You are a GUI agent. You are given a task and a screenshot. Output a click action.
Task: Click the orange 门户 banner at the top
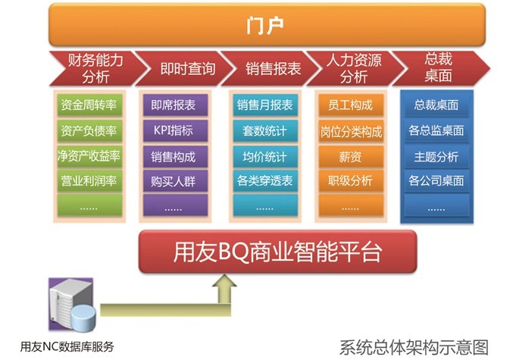click(267, 25)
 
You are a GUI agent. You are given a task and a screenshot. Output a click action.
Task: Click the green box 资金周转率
click(89, 105)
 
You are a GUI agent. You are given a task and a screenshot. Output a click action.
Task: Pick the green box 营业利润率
click(89, 180)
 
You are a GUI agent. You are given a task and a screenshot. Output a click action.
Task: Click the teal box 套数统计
click(265, 130)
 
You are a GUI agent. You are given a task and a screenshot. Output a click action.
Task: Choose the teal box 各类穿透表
click(265, 180)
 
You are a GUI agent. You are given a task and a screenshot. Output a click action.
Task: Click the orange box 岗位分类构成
click(351, 131)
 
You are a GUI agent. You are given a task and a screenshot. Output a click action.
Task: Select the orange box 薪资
click(351, 156)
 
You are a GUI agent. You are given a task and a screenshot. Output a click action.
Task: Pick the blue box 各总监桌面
click(436, 130)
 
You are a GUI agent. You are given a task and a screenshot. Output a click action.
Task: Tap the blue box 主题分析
click(436, 156)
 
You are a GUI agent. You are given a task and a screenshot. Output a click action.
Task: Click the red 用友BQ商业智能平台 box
click(278, 252)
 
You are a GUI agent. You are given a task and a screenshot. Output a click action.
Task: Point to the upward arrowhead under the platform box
click(224, 281)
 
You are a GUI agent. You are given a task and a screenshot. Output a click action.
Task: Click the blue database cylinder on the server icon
click(83, 318)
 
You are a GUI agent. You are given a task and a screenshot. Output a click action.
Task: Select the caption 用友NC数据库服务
click(67, 346)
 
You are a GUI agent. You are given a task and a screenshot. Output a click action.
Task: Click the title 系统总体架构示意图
click(414, 348)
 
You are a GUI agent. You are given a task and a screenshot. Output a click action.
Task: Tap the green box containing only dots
click(89, 205)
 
